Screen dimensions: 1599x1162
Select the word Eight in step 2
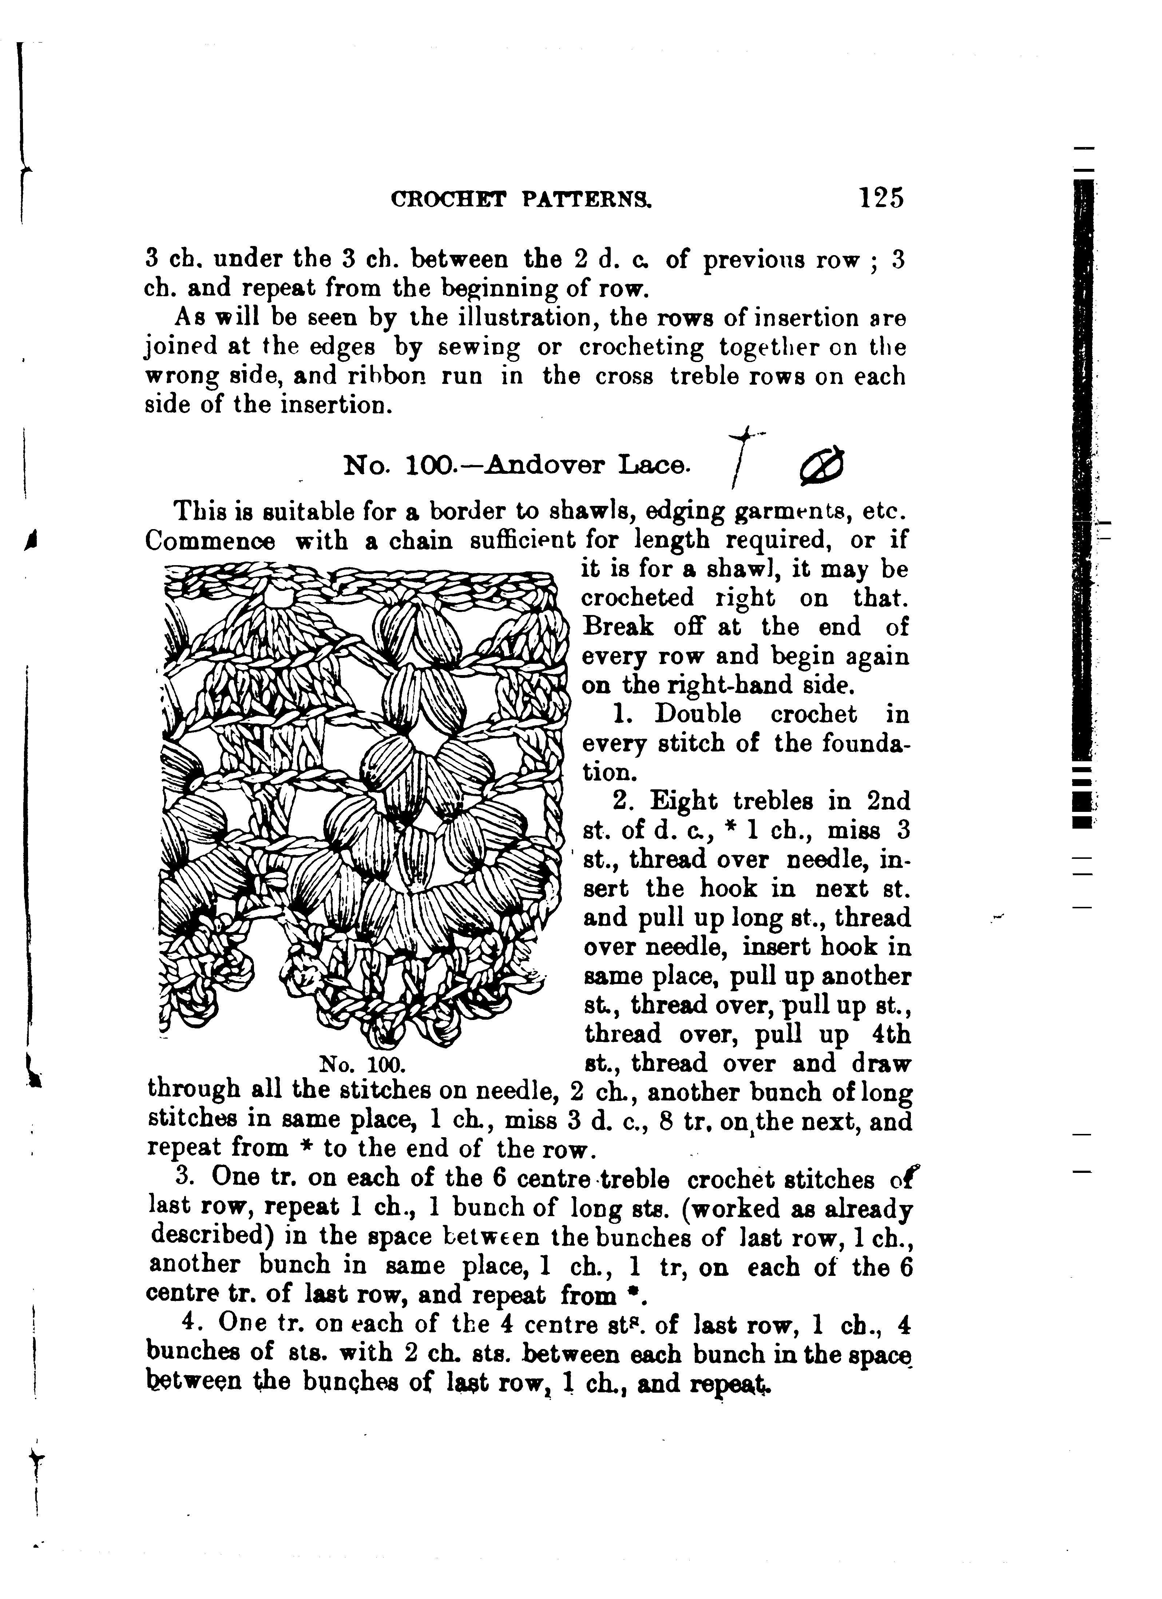(681, 802)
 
